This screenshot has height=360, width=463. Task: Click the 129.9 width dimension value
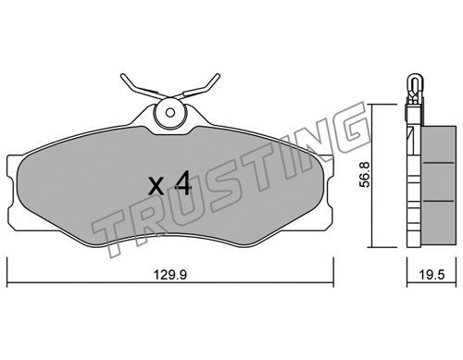tap(170, 275)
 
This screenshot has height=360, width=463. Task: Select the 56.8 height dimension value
tap(366, 175)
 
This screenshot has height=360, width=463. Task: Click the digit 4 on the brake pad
tap(183, 183)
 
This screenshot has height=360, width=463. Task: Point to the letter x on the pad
tap(156, 186)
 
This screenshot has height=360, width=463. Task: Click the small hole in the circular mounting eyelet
tap(169, 113)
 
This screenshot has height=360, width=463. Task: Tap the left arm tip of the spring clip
tap(123, 76)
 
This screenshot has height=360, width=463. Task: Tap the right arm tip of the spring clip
tap(218, 76)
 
